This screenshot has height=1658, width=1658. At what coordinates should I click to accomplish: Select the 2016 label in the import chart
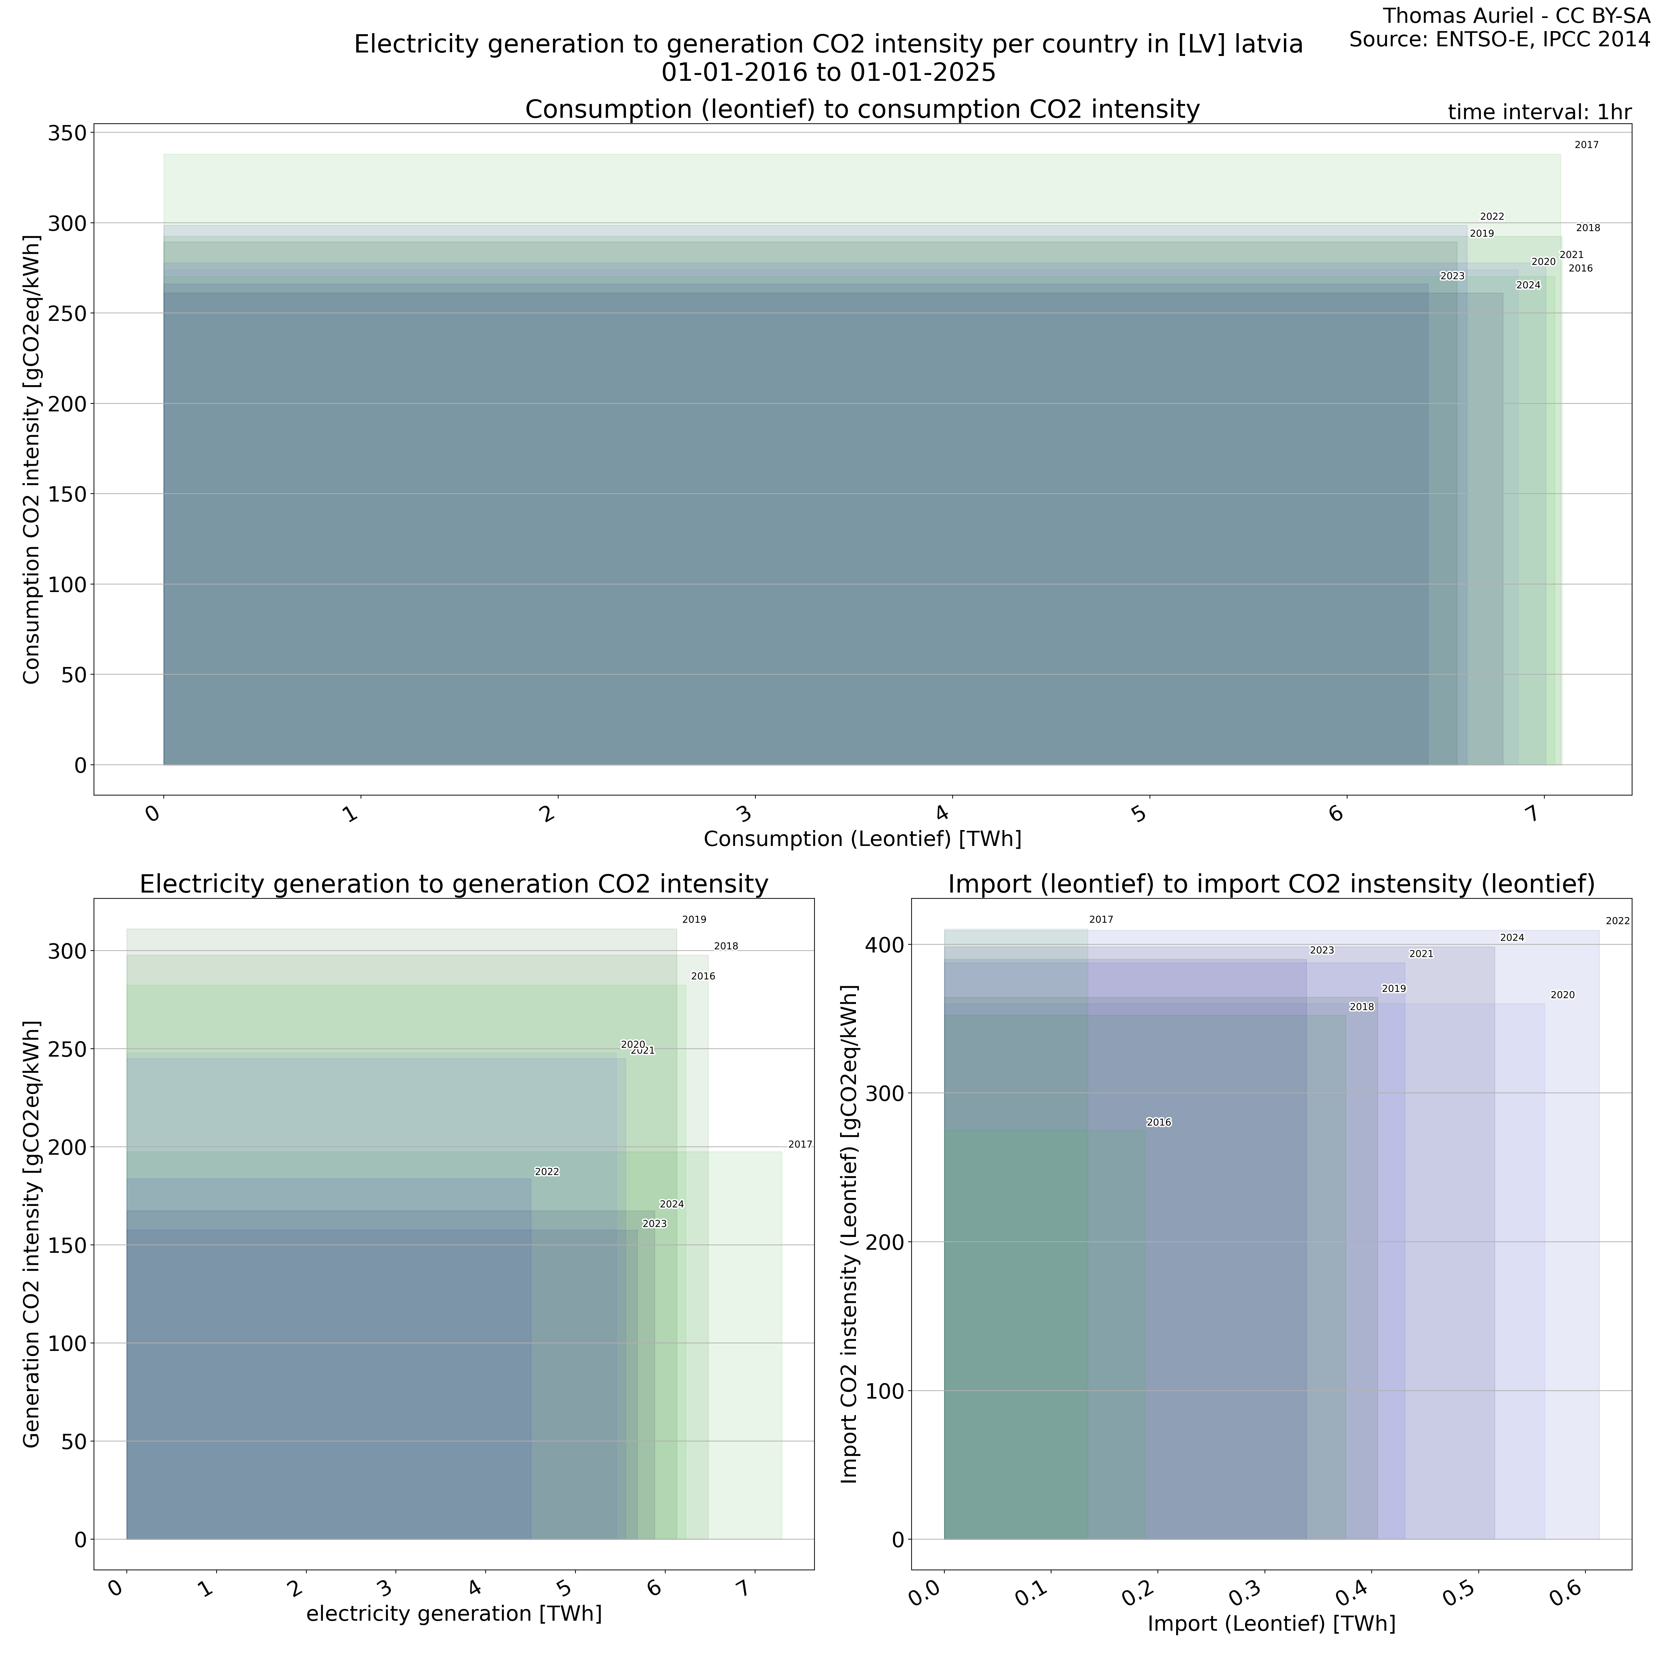pyautogui.click(x=1159, y=1123)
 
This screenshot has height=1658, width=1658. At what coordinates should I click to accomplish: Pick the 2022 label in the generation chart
pyautogui.click(x=547, y=1172)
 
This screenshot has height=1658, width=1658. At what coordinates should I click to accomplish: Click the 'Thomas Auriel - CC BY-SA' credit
pyautogui.click(x=1516, y=16)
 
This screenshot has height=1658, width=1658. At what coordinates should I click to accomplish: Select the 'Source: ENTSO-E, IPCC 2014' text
pyautogui.click(x=1499, y=39)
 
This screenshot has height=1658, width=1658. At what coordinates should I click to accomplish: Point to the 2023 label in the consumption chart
pyautogui.click(x=1452, y=276)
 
